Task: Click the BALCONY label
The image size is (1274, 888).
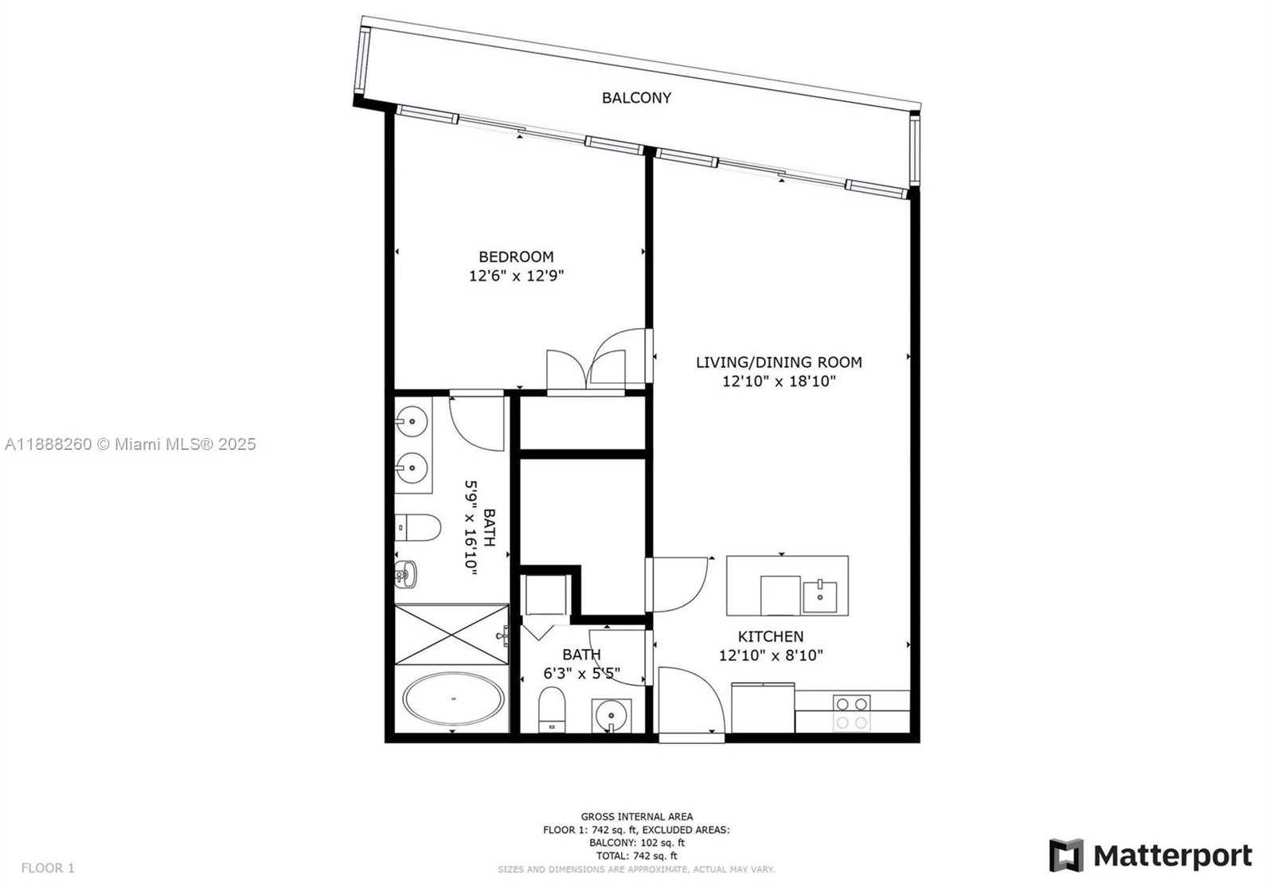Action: tap(636, 98)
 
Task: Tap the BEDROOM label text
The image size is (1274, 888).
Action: tap(516, 257)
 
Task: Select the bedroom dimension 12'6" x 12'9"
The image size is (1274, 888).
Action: tap(516, 276)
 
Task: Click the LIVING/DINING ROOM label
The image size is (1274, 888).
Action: tap(779, 362)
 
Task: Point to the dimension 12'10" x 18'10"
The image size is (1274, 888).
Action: tap(779, 381)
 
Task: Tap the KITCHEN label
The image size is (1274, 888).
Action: tap(771, 636)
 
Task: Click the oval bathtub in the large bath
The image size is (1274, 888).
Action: tap(453, 699)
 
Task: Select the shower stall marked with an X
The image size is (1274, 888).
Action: tap(451, 634)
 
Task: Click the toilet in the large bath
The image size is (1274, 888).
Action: tap(417, 527)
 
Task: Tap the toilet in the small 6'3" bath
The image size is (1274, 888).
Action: tap(552, 710)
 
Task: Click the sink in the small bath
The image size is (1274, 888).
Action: tap(611, 715)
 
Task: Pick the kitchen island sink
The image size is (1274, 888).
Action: tap(819, 597)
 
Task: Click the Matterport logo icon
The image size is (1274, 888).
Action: tap(1066, 855)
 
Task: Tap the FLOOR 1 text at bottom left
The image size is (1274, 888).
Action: tap(48, 868)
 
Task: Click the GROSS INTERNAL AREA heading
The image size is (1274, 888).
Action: tap(636, 817)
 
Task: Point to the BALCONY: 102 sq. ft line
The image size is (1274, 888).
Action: tap(636, 843)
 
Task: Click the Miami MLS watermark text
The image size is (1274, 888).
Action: tap(131, 444)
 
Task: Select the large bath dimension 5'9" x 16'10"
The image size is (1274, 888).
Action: tap(471, 527)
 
